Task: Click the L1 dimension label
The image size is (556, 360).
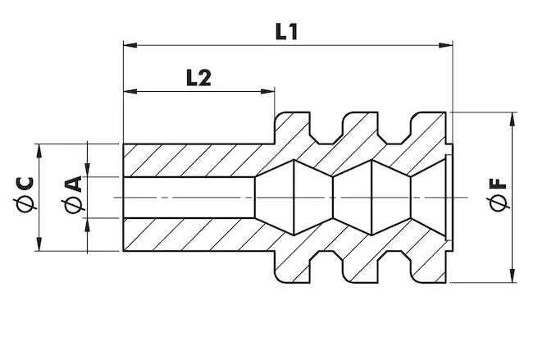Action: (286, 32)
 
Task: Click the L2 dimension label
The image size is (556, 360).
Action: (199, 78)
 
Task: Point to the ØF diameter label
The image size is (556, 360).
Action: (497, 195)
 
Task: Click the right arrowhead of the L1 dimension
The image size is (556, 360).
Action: (446, 45)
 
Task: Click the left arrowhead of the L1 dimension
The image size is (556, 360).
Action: (130, 45)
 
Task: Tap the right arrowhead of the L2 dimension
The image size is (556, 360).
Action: (267, 92)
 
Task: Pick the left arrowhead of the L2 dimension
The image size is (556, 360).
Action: (130, 92)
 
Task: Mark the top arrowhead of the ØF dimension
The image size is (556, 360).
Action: (513, 120)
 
